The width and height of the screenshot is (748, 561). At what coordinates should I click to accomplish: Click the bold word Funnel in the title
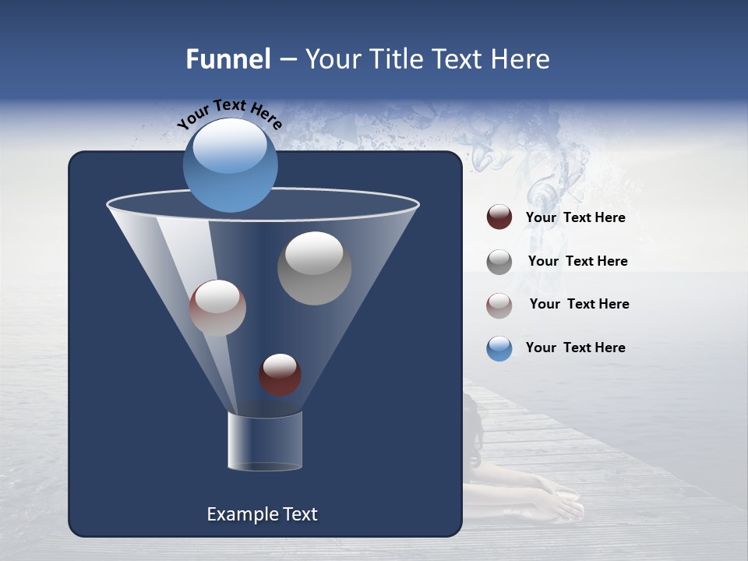pyautogui.click(x=228, y=59)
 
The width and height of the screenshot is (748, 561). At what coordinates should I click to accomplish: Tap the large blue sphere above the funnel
pyautogui.click(x=230, y=165)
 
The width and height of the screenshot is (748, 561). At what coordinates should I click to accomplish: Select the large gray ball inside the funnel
pyautogui.click(x=314, y=268)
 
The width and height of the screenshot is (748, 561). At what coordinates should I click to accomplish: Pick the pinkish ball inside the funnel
pyautogui.click(x=217, y=308)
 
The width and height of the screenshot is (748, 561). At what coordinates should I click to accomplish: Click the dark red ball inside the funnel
pyautogui.click(x=280, y=375)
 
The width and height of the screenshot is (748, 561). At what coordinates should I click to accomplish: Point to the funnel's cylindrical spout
pyautogui.click(x=264, y=441)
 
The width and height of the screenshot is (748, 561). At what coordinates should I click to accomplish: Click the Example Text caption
pyautogui.click(x=262, y=514)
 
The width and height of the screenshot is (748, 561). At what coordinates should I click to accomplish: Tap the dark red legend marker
pyautogui.click(x=499, y=217)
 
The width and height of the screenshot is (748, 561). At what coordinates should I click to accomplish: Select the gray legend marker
pyautogui.click(x=499, y=261)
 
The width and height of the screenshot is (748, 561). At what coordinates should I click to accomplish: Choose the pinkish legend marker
pyautogui.click(x=499, y=305)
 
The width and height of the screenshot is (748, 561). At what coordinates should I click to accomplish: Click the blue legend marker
pyautogui.click(x=499, y=348)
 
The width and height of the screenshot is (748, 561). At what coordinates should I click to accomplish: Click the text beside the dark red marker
pyautogui.click(x=575, y=217)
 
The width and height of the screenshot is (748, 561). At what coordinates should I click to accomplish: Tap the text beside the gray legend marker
pyautogui.click(x=577, y=261)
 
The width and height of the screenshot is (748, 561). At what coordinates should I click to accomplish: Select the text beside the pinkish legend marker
pyautogui.click(x=579, y=304)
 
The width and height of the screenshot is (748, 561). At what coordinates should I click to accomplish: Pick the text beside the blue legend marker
pyautogui.click(x=575, y=348)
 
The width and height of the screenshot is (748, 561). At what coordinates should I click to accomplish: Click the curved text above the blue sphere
pyautogui.click(x=230, y=114)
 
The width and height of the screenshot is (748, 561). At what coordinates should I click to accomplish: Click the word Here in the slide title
pyautogui.click(x=518, y=59)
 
